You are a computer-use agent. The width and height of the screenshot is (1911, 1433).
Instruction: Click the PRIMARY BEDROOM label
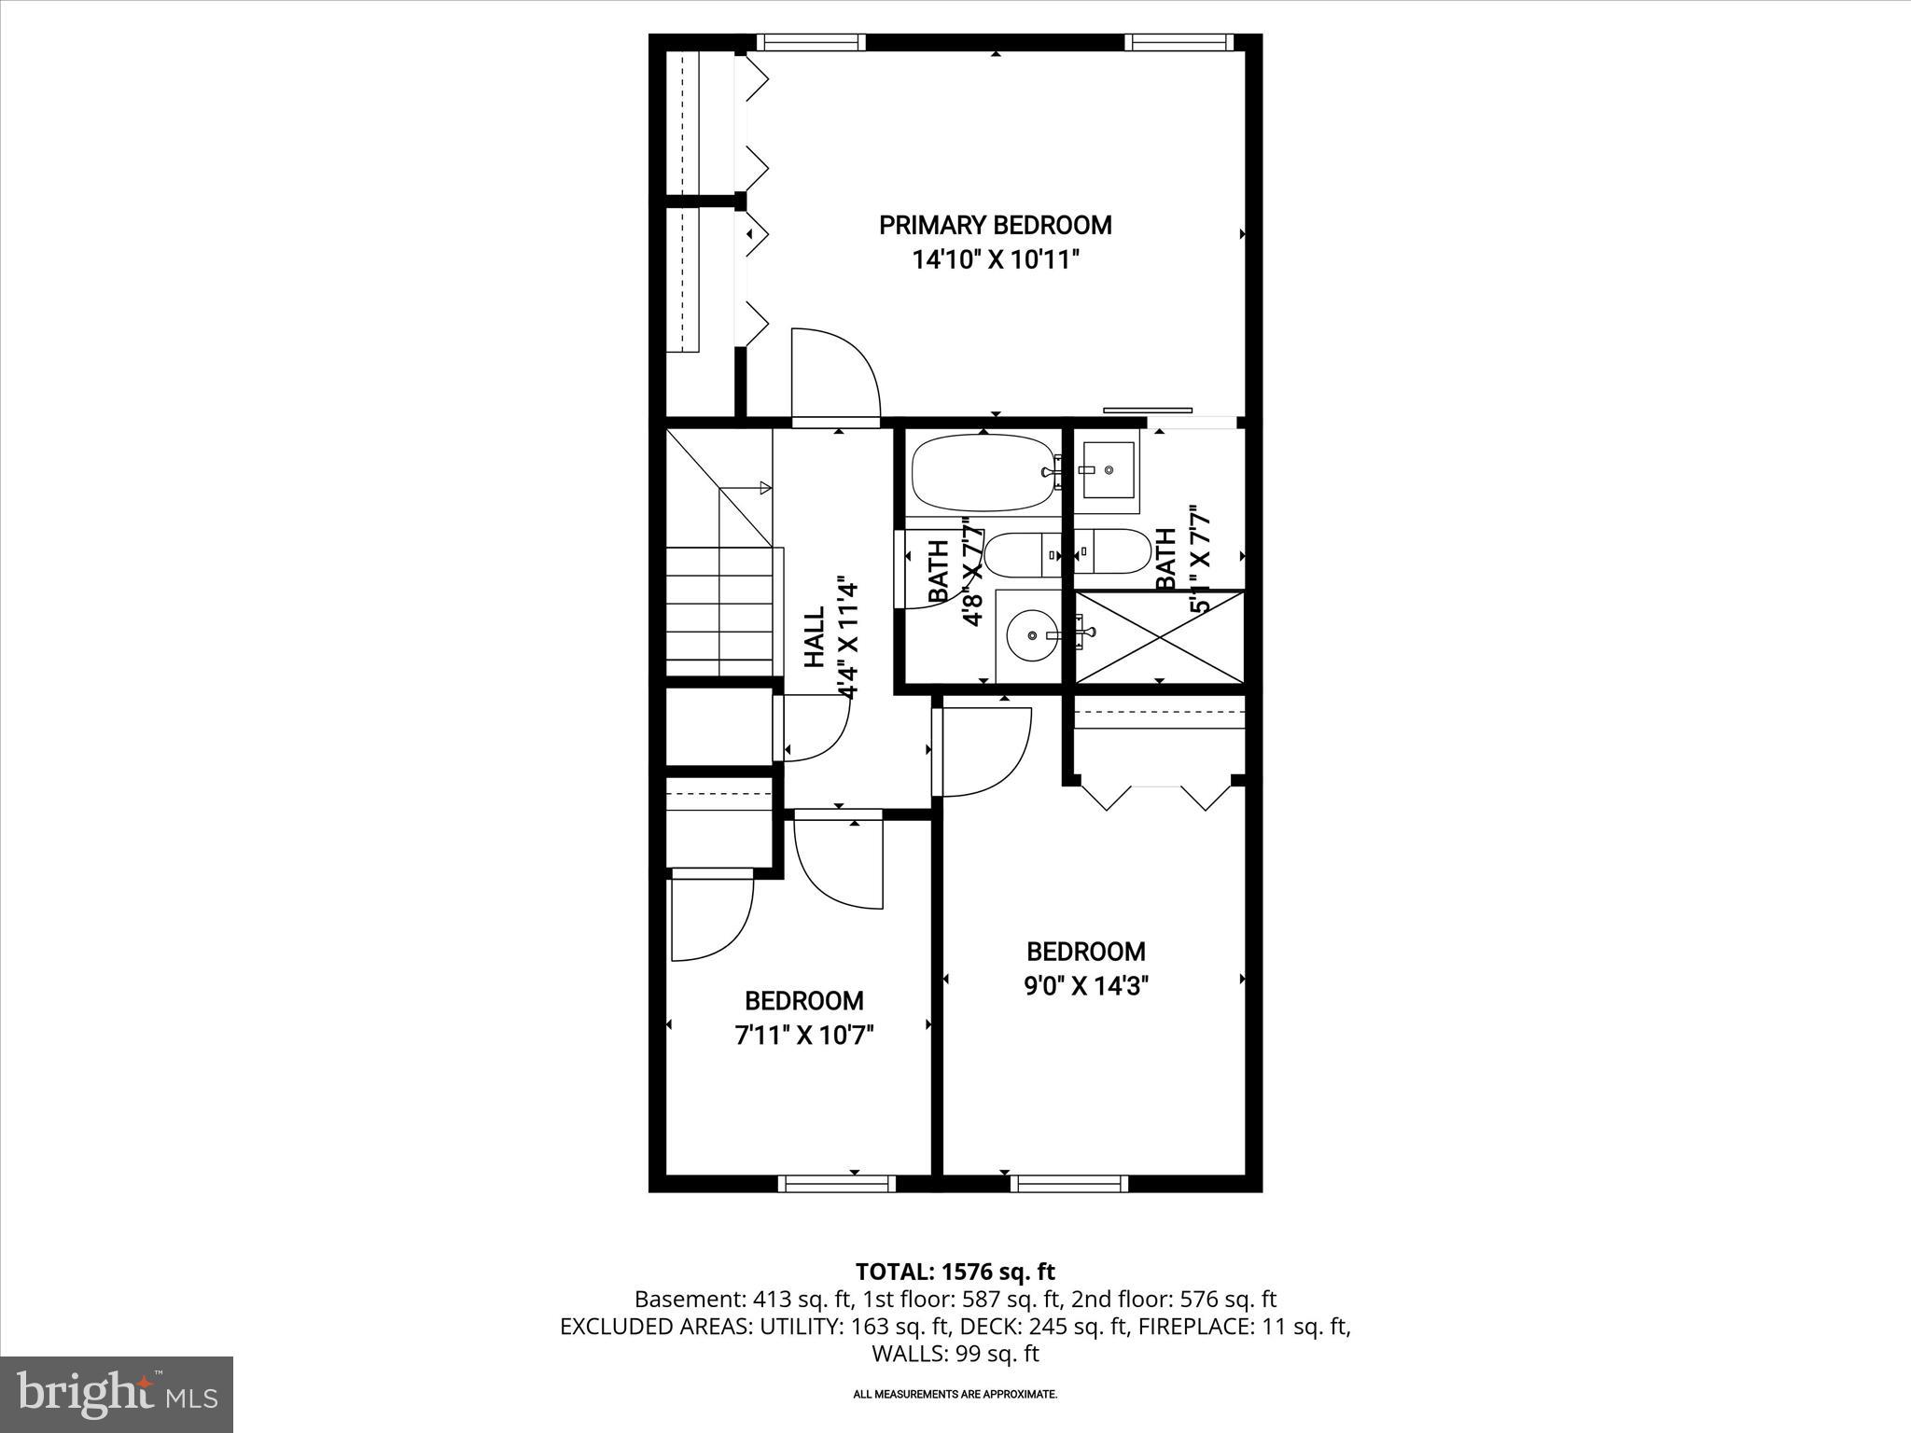(x=996, y=225)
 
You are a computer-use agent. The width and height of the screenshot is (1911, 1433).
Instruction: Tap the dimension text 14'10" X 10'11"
(x=996, y=259)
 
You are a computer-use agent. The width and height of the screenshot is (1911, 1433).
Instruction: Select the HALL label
(x=814, y=637)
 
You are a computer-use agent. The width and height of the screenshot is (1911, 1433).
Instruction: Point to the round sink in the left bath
(x=1031, y=635)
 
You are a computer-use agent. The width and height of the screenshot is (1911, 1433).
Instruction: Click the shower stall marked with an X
(x=1159, y=637)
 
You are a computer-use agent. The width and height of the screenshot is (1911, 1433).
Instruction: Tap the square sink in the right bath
(x=1108, y=470)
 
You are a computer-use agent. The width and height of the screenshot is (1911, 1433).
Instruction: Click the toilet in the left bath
(x=1022, y=555)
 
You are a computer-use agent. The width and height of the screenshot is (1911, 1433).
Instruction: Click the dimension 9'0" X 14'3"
(x=1085, y=986)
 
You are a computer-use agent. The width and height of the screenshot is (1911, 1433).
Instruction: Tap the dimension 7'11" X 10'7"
(x=803, y=1035)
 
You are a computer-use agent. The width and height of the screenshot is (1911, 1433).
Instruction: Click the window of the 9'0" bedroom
(x=1069, y=1183)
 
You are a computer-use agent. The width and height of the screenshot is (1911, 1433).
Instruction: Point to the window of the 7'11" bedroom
(x=837, y=1183)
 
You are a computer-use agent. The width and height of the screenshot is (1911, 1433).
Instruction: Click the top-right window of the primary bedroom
(x=1179, y=42)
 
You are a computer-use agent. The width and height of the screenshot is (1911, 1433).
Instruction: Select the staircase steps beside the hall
(x=719, y=611)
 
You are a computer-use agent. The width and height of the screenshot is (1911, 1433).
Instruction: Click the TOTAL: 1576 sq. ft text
(x=955, y=1271)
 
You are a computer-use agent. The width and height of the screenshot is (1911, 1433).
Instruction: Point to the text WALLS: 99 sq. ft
(x=955, y=1353)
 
